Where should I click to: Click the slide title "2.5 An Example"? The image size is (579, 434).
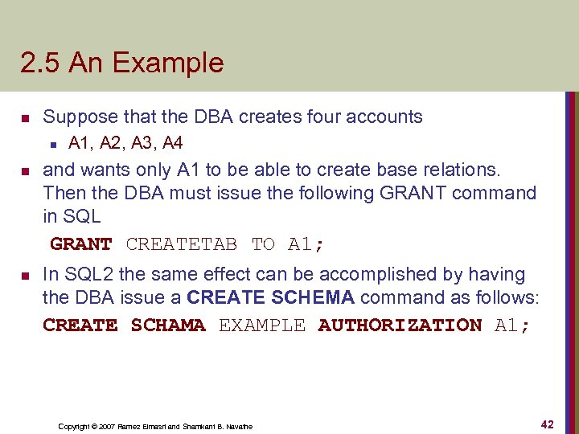click(122, 63)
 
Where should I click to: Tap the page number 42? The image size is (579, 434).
click(547, 424)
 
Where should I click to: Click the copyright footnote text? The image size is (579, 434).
click(155, 426)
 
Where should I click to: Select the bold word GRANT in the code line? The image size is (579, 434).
click(81, 244)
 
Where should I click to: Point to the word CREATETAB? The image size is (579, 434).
click(182, 244)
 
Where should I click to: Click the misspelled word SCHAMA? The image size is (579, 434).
click(168, 325)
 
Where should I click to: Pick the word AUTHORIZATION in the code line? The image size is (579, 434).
click(400, 325)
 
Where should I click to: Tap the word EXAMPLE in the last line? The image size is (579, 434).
click(262, 325)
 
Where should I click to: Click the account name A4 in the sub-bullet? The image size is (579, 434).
click(172, 143)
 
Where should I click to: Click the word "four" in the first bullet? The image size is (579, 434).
click(324, 117)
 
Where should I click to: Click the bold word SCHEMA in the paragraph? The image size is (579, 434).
click(313, 297)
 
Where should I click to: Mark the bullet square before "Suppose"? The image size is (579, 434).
click(25, 117)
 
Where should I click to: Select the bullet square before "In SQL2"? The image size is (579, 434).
click(25, 276)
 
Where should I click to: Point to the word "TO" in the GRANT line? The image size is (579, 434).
click(263, 244)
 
